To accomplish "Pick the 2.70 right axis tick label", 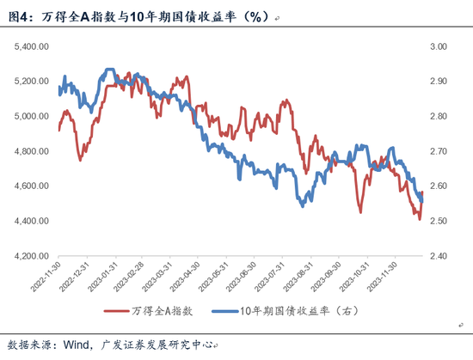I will coord(438,151).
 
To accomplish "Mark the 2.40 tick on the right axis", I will coord(438,256).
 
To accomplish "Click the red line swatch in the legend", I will coord(119,312).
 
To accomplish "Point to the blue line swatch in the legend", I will coord(218,312).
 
